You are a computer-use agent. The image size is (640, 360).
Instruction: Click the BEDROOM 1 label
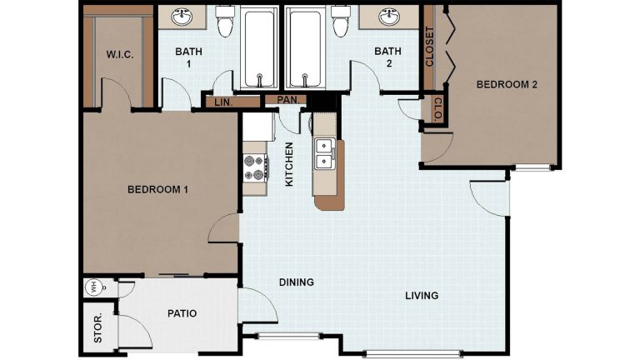point(157,189)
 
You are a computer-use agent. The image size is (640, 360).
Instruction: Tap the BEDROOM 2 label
point(507,84)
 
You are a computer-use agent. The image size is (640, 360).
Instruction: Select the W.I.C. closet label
point(120,55)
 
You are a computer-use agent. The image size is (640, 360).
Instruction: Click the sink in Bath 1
point(182,17)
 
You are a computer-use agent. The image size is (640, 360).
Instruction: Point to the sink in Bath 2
point(389,17)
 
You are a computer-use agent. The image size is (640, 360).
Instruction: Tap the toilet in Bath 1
point(225,22)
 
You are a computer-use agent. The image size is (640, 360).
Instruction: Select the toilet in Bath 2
point(340,22)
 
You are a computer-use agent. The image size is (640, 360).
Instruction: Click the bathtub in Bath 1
point(260,48)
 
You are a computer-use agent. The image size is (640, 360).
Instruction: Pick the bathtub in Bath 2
point(304,48)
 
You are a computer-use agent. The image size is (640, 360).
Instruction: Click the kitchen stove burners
point(255,167)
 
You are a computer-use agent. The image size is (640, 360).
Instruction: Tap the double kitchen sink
point(323,153)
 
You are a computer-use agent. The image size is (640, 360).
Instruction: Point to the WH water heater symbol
point(92,287)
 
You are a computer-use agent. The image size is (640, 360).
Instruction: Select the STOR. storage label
point(98,328)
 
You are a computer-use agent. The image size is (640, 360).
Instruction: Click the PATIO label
point(182,313)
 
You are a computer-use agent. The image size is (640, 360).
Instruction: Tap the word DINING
point(297,282)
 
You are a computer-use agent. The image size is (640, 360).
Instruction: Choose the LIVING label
point(422,296)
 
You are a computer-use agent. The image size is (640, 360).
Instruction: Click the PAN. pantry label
point(292,100)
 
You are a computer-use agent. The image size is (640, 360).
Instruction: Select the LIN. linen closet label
point(223,102)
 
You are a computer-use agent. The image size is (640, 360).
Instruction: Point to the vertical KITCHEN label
point(289,164)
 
